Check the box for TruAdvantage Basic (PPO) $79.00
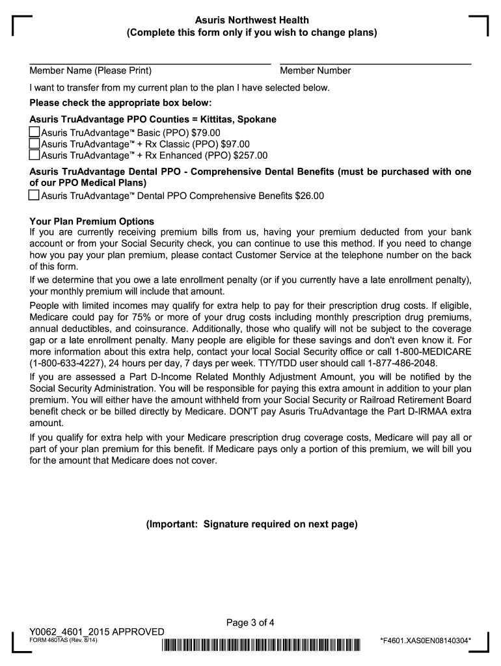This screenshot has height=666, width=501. point(35,133)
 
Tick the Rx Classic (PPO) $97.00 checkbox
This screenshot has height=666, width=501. point(35,144)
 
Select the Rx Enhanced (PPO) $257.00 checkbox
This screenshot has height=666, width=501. point(35,155)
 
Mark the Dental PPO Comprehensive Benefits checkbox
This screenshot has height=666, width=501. point(35,195)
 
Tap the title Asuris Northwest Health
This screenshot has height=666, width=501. point(251,20)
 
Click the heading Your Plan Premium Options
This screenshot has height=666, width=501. point(92,221)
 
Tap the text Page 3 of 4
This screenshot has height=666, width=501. point(251,622)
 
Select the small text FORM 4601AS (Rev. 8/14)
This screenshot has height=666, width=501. point(64,641)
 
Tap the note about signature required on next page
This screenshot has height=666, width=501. point(251,524)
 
